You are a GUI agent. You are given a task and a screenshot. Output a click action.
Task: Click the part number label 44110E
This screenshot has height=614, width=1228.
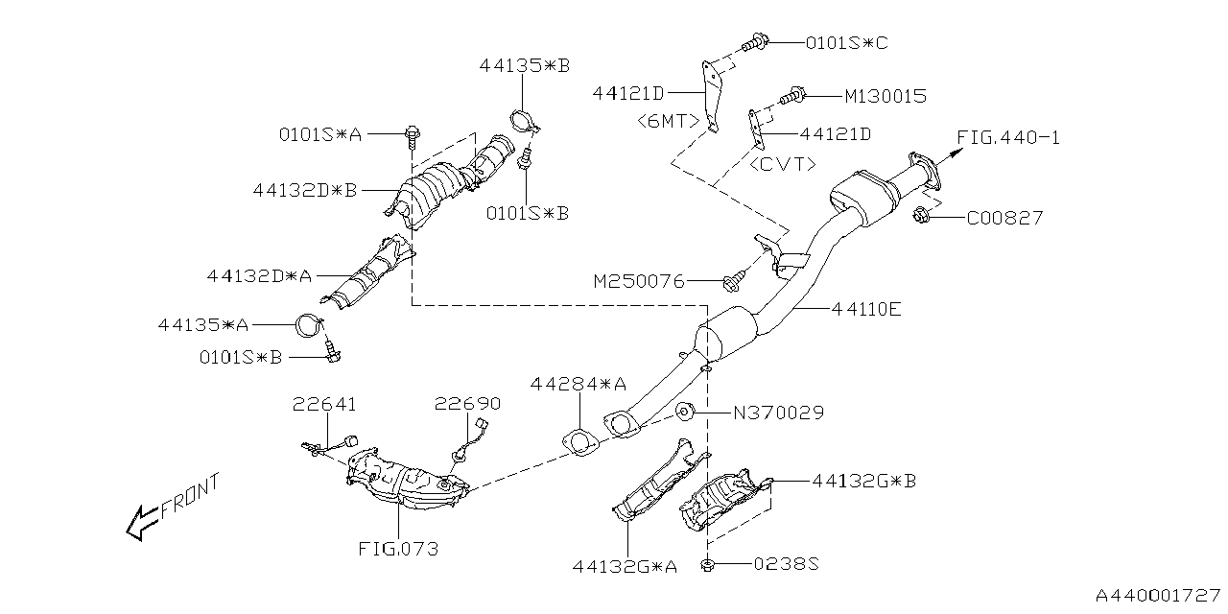click(x=867, y=310)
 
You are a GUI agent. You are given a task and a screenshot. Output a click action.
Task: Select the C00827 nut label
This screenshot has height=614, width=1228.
click(x=1004, y=219)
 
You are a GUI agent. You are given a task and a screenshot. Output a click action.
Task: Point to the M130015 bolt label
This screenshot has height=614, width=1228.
click(x=886, y=96)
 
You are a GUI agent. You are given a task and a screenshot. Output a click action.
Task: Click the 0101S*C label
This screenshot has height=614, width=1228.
click(x=846, y=43)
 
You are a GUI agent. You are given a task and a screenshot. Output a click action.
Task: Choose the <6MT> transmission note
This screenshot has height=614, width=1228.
click(x=668, y=121)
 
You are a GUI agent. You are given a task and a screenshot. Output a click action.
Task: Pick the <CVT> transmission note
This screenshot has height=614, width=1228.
click(x=783, y=164)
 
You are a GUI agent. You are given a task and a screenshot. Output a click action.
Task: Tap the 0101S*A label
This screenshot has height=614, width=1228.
click(x=320, y=135)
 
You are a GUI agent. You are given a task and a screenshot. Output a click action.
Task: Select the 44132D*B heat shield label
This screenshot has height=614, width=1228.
click(x=305, y=190)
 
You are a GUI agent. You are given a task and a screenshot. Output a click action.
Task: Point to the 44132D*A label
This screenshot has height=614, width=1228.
click(x=259, y=275)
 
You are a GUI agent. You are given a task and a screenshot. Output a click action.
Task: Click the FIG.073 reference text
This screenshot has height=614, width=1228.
click(x=398, y=550)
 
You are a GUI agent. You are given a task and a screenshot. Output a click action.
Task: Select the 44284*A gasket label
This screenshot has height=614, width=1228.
click(x=579, y=384)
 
